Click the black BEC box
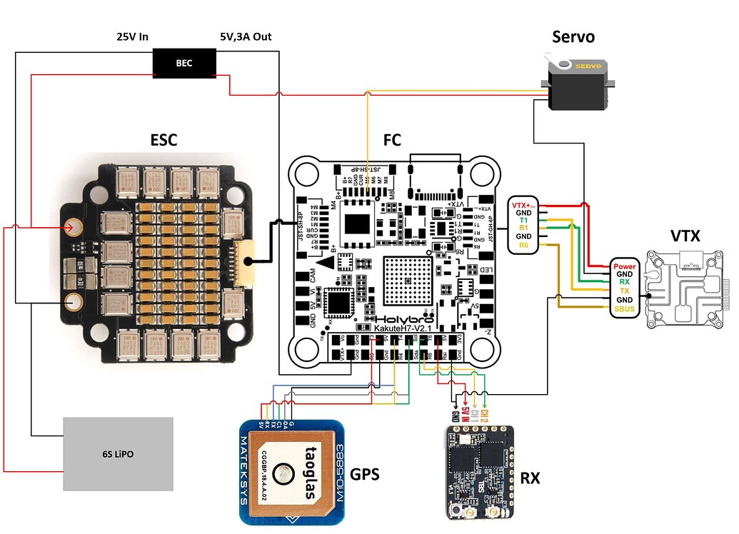click(x=184, y=63)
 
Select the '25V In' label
click(x=132, y=36)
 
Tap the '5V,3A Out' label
click(x=245, y=36)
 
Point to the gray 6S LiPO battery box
click(x=118, y=453)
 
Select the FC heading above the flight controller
click(x=393, y=139)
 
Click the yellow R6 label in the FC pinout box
click(x=524, y=246)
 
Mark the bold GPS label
click(x=365, y=475)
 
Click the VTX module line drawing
click(x=684, y=289)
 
